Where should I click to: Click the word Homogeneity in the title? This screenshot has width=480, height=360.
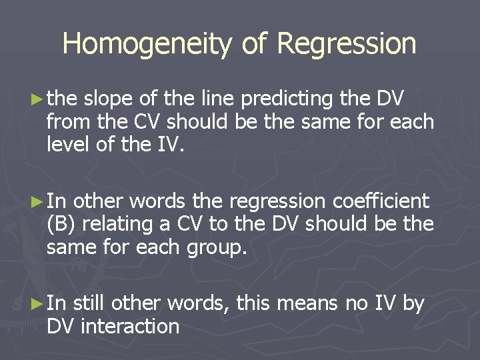coord(147,44)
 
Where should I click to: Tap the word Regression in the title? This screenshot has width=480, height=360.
coord(346,44)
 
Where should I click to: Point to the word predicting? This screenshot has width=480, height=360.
coord(287,99)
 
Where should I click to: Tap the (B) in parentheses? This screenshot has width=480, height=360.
coord(62,223)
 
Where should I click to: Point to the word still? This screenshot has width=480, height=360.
coord(89,304)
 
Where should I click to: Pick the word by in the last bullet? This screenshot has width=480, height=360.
coord(413,304)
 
